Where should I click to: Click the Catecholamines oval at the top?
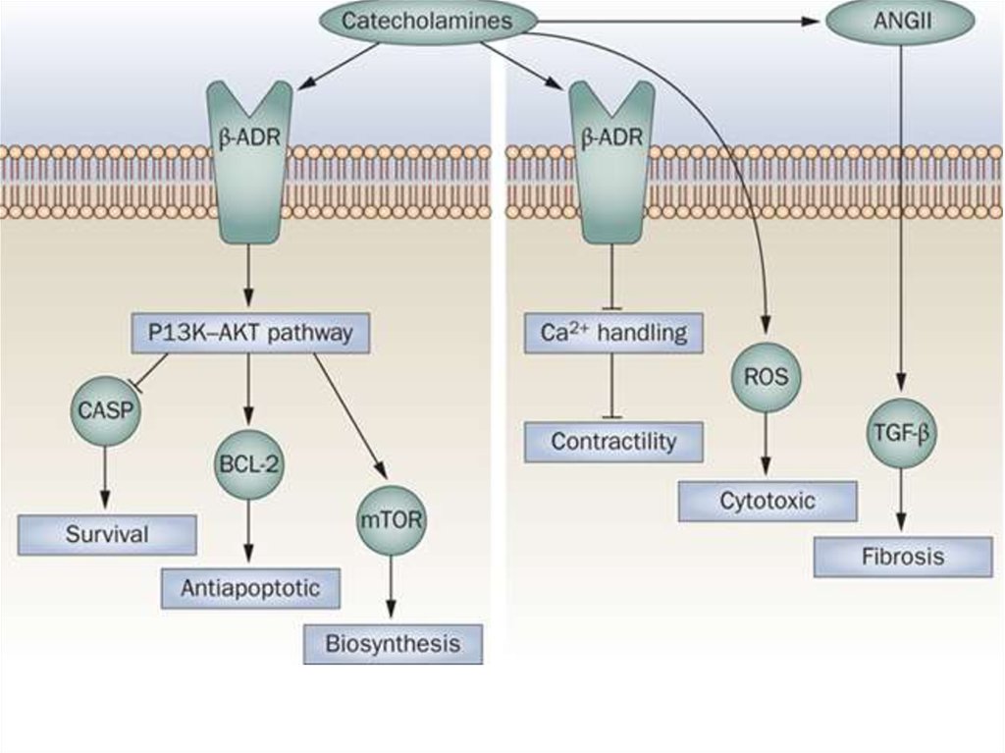427,21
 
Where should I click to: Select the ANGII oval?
900,21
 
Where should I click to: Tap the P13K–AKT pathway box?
250,334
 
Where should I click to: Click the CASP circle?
105,412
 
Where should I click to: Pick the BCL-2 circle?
249,464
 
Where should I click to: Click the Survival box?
107,535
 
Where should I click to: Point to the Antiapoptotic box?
250,588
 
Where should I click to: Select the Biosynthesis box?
393,644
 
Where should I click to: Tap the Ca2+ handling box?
613,334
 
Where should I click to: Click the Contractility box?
613,442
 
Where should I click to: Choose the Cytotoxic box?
767,501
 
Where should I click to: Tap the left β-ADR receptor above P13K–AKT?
249,162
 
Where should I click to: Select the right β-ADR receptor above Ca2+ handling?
612,162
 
